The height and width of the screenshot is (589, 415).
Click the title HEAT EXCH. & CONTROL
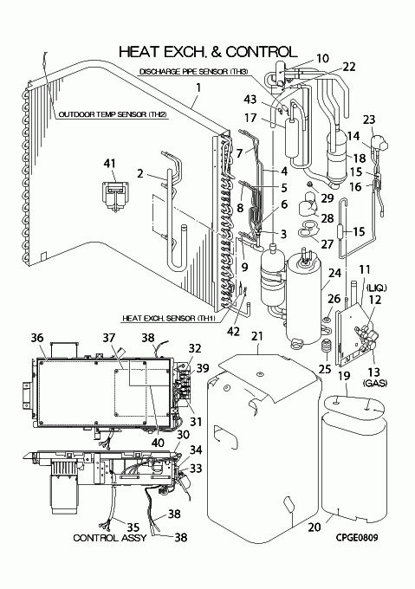click(x=208, y=51)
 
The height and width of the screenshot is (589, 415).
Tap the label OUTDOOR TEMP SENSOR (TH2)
click(x=113, y=114)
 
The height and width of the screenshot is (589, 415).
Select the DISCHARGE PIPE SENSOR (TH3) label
click(x=193, y=71)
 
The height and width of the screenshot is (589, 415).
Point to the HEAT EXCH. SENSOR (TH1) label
click(x=169, y=318)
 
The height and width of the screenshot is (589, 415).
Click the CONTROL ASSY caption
click(x=110, y=538)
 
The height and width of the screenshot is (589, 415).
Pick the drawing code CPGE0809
click(x=357, y=538)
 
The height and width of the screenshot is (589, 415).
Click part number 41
click(x=109, y=164)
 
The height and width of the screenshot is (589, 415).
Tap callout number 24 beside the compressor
click(x=334, y=273)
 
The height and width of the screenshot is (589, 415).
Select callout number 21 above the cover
click(x=257, y=336)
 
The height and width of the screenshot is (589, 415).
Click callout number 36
click(x=36, y=338)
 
